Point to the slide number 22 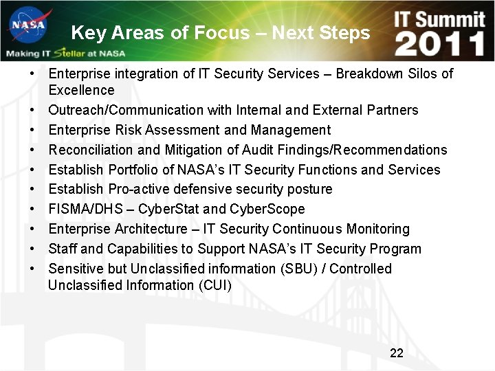(x=397, y=353)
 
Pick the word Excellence (x=81, y=90)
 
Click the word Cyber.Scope (x=267, y=209)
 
